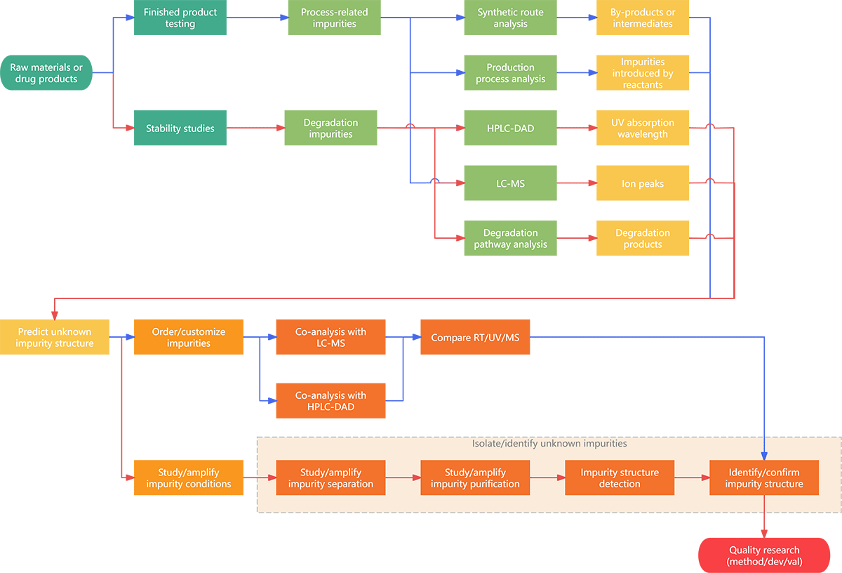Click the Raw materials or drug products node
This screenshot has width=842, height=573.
46,73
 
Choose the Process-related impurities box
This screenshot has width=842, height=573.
334,18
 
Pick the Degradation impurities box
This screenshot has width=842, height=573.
330,128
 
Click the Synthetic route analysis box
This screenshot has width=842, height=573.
510,18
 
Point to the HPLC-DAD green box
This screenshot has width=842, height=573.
510,128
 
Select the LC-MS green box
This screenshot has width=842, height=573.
510,183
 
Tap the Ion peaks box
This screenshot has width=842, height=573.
643,183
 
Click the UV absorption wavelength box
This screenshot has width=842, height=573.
643,128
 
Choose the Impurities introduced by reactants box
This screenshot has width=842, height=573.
643,73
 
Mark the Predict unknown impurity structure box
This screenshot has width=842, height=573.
55,337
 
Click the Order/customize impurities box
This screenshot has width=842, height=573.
189,337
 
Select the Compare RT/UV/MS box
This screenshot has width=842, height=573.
475,337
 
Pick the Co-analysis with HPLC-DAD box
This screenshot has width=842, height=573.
330,401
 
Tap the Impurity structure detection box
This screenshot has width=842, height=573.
620,478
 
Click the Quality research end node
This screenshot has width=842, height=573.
764,556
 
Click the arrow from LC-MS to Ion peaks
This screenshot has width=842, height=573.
576,183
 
